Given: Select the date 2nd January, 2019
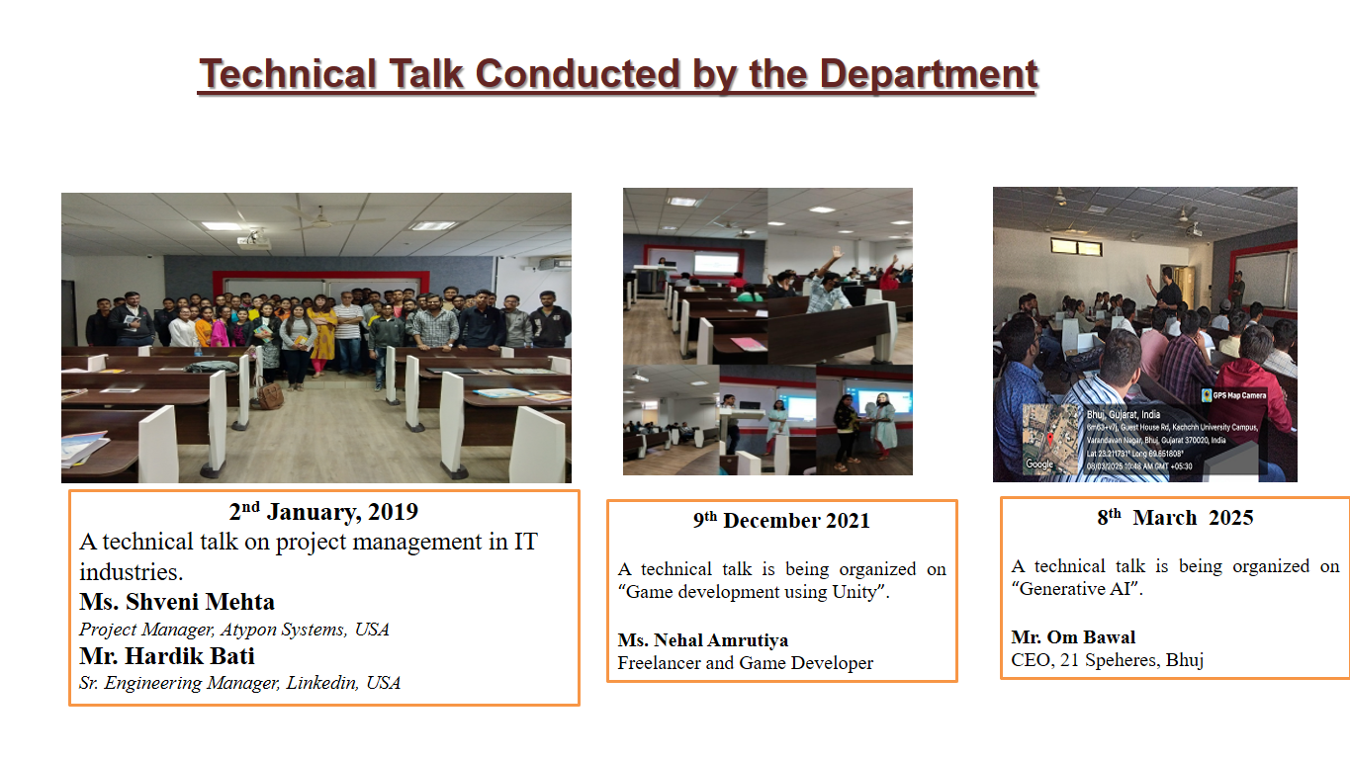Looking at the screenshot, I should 323,512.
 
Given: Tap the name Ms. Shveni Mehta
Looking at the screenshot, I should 177,602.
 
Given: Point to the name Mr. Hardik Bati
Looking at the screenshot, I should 167,656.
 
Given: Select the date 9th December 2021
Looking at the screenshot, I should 781,521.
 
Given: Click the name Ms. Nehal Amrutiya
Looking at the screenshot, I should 703,640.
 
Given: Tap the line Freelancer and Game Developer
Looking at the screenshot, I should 745,663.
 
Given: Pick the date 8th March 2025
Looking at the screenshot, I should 1175,518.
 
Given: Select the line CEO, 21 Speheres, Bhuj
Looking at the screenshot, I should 1107,660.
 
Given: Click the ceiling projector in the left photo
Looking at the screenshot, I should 254,238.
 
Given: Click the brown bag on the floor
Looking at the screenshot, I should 268,395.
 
